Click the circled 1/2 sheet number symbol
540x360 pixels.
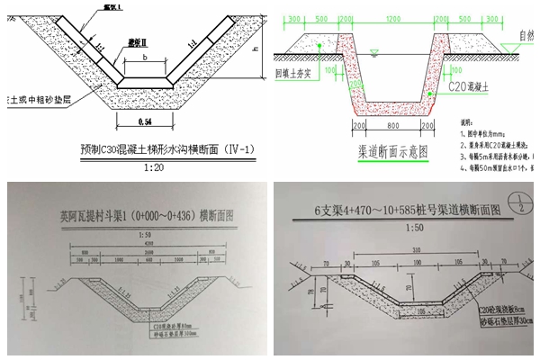click(x=516, y=205)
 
